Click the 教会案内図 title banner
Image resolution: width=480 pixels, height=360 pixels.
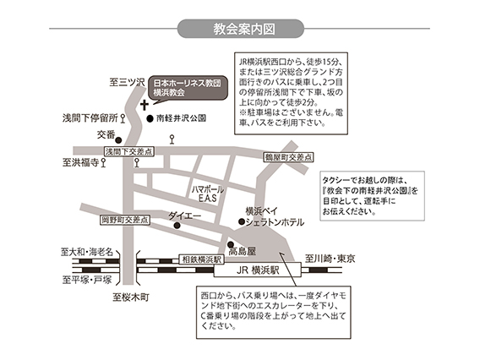point(241,29)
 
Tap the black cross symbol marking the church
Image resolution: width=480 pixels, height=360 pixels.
point(145,105)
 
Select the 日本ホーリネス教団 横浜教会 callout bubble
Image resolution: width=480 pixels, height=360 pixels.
point(188,88)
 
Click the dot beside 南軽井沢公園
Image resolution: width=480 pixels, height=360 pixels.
point(150,118)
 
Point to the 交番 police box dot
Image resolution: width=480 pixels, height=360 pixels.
point(118,140)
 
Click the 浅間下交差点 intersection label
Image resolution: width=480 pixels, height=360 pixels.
point(129,151)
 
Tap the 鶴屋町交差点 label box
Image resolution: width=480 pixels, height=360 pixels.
point(288,157)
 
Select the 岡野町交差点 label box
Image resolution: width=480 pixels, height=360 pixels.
point(125,220)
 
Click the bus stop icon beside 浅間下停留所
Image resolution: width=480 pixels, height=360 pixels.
point(123,118)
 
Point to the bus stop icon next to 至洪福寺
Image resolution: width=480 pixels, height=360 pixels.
point(103,162)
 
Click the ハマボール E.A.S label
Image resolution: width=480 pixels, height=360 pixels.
point(208,194)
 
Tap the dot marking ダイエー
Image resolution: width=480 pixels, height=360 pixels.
point(177,226)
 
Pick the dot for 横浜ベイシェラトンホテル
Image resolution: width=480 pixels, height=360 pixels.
point(242,221)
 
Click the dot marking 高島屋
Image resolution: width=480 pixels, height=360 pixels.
point(231,244)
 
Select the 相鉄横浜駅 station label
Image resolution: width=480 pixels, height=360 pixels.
point(201,259)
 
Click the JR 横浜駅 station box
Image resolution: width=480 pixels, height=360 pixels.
point(258,270)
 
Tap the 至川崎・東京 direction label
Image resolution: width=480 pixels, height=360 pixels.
point(330,259)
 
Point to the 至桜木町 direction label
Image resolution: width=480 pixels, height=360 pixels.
point(131,297)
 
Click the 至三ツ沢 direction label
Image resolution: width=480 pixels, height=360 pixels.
point(127,82)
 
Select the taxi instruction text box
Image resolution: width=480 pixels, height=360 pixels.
point(372,196)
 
